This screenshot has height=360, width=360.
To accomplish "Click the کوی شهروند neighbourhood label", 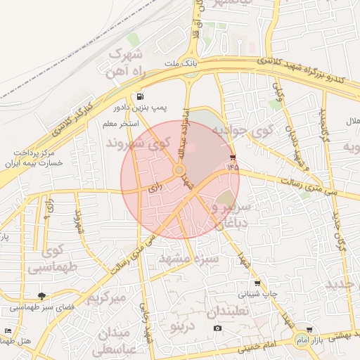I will coord(139,143).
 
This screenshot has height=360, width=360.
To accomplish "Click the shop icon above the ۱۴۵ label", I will coord(233,157).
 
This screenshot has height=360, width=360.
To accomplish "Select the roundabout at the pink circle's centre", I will coord(179,170).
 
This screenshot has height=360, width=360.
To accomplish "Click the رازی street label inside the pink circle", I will coord(155,188).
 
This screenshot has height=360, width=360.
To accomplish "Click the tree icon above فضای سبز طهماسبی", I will coord(42,296).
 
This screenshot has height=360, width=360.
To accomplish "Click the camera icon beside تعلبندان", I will coord(217,328).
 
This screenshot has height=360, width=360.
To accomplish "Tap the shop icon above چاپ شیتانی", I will coord(257,283).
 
